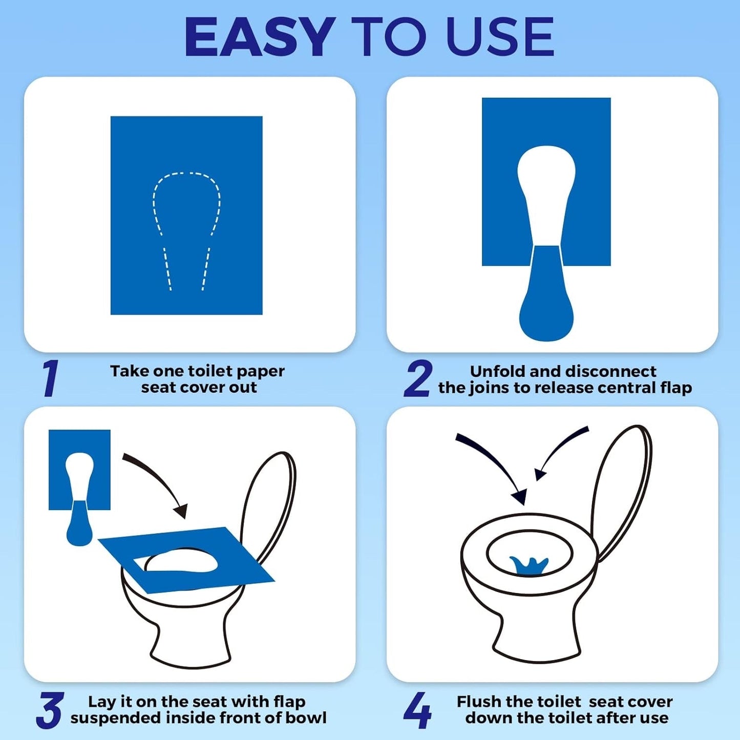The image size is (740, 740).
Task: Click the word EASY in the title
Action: (260, 37)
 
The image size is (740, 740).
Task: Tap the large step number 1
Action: (51, 378)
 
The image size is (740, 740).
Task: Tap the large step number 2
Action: (418, 379)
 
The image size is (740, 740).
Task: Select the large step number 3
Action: (50, 710)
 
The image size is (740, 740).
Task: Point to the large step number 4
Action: (417, 710)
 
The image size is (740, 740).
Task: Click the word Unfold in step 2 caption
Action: (497, 371)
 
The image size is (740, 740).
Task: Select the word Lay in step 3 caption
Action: (101, 702)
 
